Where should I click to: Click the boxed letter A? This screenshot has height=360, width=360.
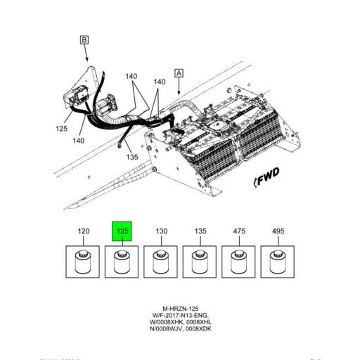(x=179, y=72)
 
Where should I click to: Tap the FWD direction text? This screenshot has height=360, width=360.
(x=269, y=181)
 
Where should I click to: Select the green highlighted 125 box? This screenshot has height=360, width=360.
(x=122, y=231)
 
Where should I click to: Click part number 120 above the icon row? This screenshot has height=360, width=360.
(x=83, y=231)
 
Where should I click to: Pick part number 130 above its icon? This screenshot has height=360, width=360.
(x=161, y=231)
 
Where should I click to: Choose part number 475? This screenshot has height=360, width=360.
(x=240, y=231)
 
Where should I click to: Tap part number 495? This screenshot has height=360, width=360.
(x=278, y=231)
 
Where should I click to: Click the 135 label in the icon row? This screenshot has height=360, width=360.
(x=200, y=231)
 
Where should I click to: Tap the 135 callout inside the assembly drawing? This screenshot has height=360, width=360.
(x=132, y=157)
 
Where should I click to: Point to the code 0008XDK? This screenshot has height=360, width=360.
(x=200, y=329)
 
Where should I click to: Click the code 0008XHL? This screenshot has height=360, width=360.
(x=200, y=322)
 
